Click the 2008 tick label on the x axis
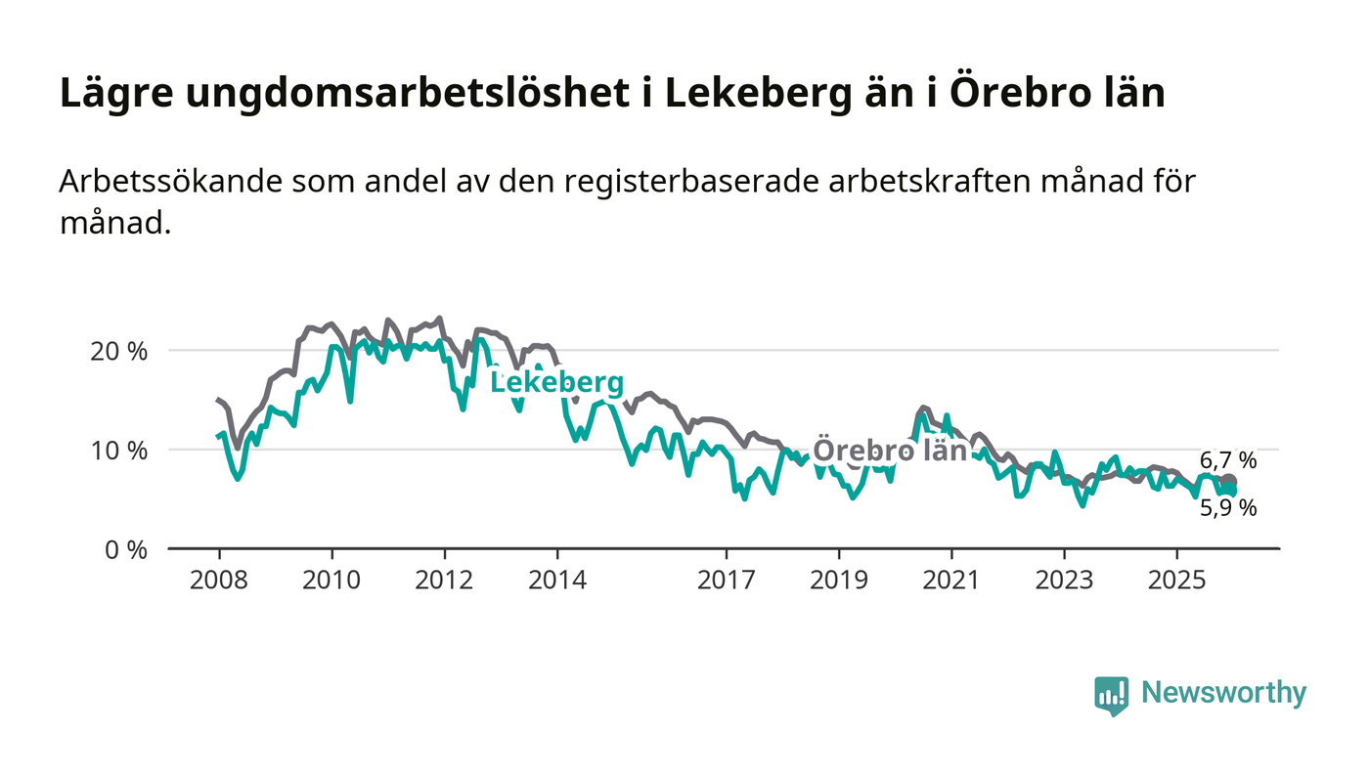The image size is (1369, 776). [x=219, y=580]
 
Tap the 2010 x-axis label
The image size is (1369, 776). [x=331, y=580]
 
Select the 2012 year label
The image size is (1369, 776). [x=445, y=580]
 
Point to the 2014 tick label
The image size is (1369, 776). [x=557, y=580]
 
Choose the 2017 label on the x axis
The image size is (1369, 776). [x=727, y=580]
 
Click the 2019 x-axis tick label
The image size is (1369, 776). [x=839, y=580]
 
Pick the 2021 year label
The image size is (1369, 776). [x=951, y=580]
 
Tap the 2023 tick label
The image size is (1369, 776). [x=1065, y=580]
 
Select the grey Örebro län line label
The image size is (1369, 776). [x=890, y=451]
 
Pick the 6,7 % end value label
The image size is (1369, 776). [x=1228, y=461]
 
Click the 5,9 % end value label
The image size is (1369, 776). [x=1228, y=508]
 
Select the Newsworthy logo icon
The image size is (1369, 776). [x=1112, y=695]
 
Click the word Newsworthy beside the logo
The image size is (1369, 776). [x=1223, y=693]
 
